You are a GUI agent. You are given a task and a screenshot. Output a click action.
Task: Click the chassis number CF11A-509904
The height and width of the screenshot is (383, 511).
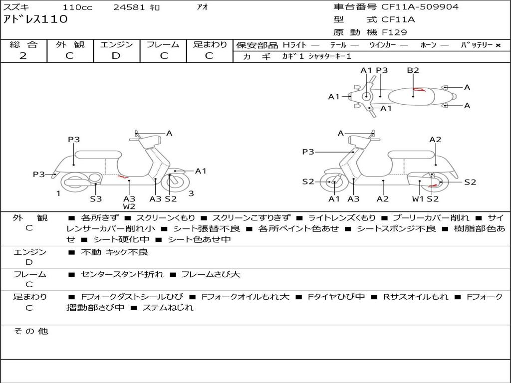pos(420,7)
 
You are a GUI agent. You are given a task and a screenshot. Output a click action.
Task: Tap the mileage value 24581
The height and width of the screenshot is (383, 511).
pos(129,7)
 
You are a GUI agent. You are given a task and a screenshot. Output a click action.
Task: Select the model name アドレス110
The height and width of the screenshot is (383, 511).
pos(35,19)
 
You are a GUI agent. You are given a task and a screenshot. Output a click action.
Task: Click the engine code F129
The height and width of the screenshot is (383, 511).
pos(394,32)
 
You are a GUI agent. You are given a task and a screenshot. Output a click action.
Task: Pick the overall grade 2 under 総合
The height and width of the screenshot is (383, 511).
pos(23,56)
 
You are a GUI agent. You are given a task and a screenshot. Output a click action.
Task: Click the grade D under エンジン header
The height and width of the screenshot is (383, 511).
pos(116,56)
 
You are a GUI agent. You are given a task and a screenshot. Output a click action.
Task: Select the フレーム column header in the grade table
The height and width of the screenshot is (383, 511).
pos(163,44)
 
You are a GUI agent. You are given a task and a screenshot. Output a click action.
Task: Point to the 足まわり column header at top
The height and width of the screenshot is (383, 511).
pos(210,44)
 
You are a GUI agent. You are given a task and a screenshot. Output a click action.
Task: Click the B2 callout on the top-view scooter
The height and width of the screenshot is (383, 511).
pos(413,70)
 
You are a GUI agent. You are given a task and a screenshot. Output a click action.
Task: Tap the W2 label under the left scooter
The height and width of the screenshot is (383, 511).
pos(129,206)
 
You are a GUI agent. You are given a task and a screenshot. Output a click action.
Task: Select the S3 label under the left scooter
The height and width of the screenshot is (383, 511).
pos(96,199)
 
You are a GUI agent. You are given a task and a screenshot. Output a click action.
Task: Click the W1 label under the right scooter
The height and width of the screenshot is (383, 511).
pos(418,199)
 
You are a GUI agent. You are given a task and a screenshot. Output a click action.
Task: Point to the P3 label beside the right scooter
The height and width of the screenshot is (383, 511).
pos(308,152)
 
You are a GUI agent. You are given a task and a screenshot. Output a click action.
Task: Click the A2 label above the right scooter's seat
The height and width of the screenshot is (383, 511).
pos(435,140)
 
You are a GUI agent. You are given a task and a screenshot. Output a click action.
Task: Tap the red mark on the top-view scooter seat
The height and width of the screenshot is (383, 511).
pos(419,90)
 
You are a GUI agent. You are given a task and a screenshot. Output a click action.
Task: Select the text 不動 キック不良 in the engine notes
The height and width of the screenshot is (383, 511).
pos(114,252)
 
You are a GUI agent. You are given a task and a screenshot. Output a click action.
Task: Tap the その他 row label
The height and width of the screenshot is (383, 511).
pos(30,331)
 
